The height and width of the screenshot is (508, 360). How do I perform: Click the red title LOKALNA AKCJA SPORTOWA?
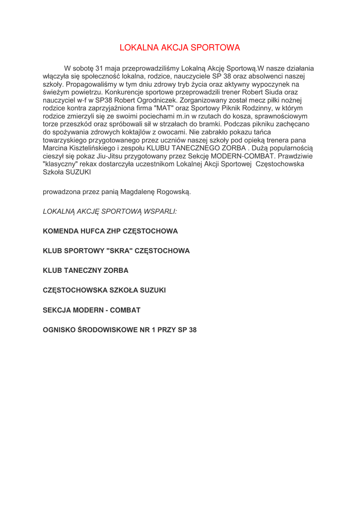180,48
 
